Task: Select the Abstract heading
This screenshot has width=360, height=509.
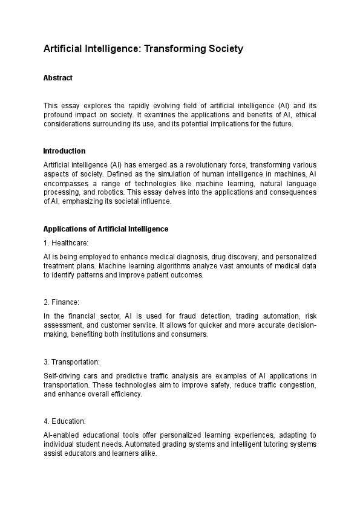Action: click(58, 78)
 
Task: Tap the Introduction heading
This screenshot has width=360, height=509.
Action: click(64, 151)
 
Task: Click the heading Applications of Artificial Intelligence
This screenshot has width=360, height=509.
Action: click(106, 229)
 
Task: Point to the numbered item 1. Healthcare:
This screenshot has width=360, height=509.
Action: click(66, 243)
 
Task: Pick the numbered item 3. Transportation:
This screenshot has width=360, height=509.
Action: click(72, 361)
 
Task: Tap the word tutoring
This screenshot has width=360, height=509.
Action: click(274, 444)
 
